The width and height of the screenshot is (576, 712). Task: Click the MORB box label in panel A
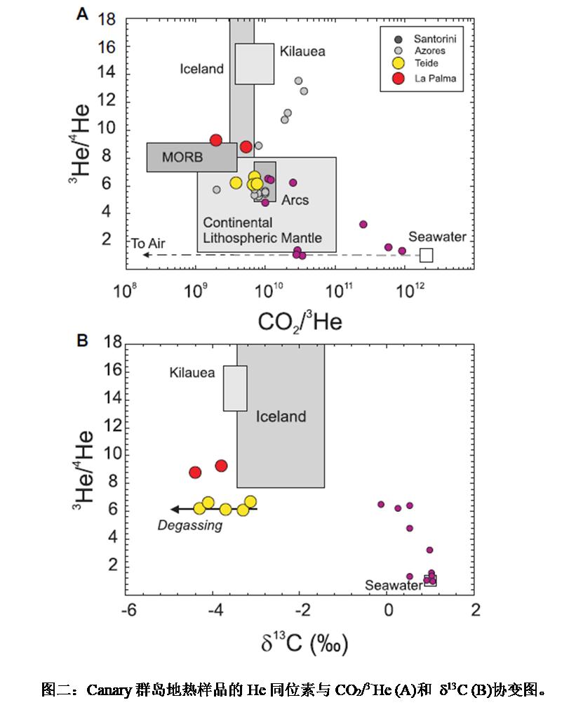[182, 157]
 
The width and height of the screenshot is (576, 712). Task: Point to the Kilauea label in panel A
[302, 51]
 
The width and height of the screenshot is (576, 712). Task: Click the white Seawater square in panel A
[426, 255]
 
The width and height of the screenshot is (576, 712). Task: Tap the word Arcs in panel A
[295, 200]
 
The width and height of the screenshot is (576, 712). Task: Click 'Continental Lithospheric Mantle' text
[262, 230]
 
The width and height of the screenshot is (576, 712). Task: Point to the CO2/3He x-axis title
[300, 322]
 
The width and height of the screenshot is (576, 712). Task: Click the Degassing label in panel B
[189, 525]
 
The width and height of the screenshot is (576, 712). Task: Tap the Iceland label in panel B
[281, 416]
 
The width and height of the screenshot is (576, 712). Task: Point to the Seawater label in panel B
[393, 586]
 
